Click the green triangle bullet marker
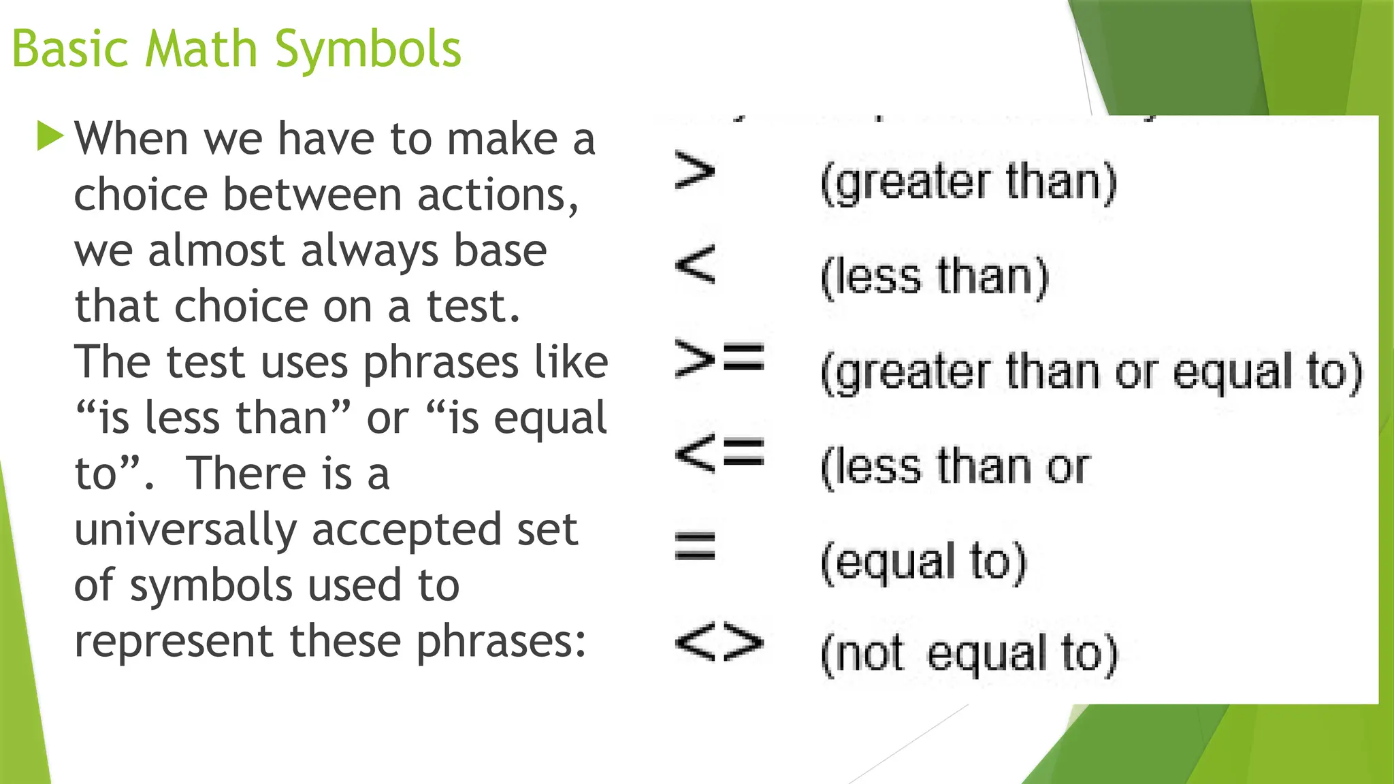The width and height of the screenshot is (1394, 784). pos(50,136)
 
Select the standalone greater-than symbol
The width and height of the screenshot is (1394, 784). pos(694,171)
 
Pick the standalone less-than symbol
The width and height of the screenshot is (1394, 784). pos(694,264)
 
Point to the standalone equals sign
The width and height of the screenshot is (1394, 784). pos(694,546)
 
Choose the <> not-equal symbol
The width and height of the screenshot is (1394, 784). pos(719,642)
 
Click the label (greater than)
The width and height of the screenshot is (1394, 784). pos(969,182)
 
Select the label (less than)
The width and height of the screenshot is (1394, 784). pos(935,277)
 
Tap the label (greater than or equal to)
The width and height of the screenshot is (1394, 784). pos(1092,372)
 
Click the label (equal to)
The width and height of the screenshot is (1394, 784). pos(923,562)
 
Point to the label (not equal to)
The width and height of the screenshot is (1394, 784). pos(969,654)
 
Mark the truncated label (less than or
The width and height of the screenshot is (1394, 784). pos(956,467)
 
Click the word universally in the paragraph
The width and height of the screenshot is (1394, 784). pos(185,531)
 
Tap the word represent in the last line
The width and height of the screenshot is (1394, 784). pos(174,642)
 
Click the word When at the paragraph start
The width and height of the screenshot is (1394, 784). pos(131,139)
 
